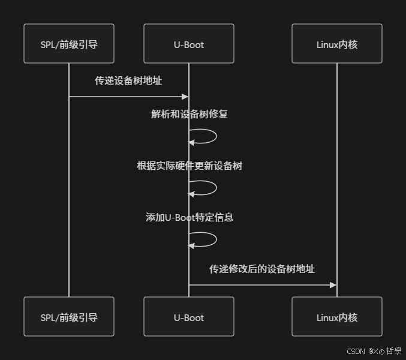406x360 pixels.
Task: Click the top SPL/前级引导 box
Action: [69, 44]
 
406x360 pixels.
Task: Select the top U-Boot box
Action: [189, 44]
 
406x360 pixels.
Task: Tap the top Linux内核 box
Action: [337, 44]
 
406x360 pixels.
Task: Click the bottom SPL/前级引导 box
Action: [69, 317]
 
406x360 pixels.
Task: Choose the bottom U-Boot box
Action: [189, 317]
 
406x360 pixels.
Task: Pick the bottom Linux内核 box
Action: [337, 317]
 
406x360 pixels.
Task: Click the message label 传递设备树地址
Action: [128, 80]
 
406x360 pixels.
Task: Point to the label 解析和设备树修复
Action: [190, 114]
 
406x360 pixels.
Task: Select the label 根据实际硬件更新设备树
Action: [190, 166]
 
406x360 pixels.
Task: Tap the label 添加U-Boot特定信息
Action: [190, 217]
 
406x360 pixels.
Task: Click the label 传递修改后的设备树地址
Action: [262, 269]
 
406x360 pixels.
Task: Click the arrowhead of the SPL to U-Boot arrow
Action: [185, 96]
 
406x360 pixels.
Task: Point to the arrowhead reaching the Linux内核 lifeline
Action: [333, 285]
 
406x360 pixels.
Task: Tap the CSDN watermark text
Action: [356, 351]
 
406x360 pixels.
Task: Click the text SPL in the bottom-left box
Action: [48, 317]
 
